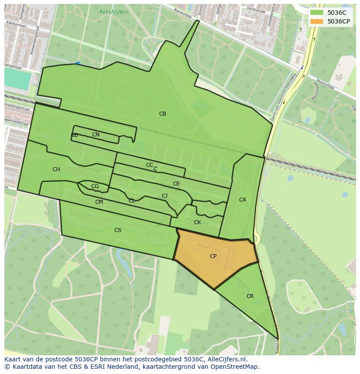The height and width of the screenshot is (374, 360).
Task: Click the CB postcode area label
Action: [x=163, y=114]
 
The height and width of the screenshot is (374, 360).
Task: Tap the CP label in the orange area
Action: [x=213, y=256]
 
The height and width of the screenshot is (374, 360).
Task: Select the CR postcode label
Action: [x=250, y=296]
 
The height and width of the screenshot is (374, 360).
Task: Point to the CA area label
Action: [x=243, y=200]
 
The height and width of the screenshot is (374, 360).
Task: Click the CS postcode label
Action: [x=118, y=230]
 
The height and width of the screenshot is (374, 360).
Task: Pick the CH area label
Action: [x=56, y=169]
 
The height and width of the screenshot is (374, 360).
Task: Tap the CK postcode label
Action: [x=197, y=222]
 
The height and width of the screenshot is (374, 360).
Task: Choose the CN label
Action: [x=96, y=135]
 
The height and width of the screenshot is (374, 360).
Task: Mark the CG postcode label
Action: [x=95, y=186]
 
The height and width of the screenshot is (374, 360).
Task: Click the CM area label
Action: [x=99, y=202]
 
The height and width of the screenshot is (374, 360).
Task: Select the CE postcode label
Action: [x=176, y=184]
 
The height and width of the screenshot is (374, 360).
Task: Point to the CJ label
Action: [x=164, y=196]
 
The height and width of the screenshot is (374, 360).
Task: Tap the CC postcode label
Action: [x=150, y=165]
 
